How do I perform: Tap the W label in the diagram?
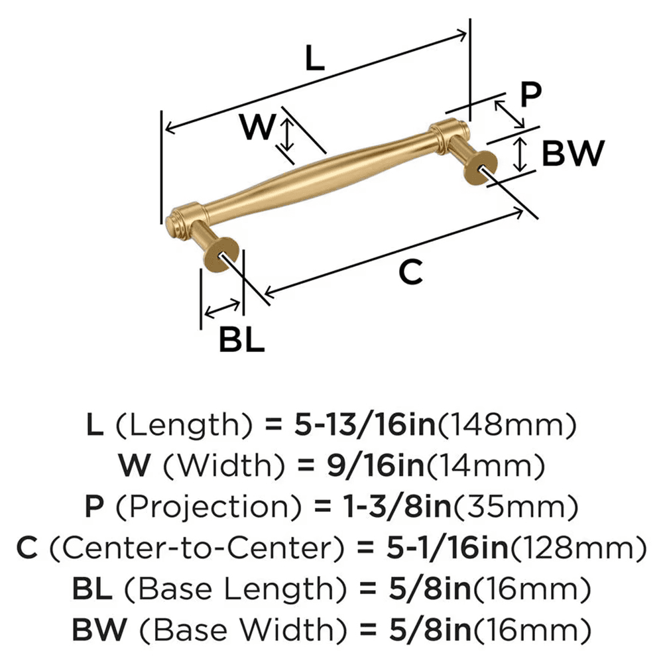click(257, 128)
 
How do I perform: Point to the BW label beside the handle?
click(573, 154)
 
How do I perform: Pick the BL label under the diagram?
click(242, 341)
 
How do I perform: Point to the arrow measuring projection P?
click(510, 114)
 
